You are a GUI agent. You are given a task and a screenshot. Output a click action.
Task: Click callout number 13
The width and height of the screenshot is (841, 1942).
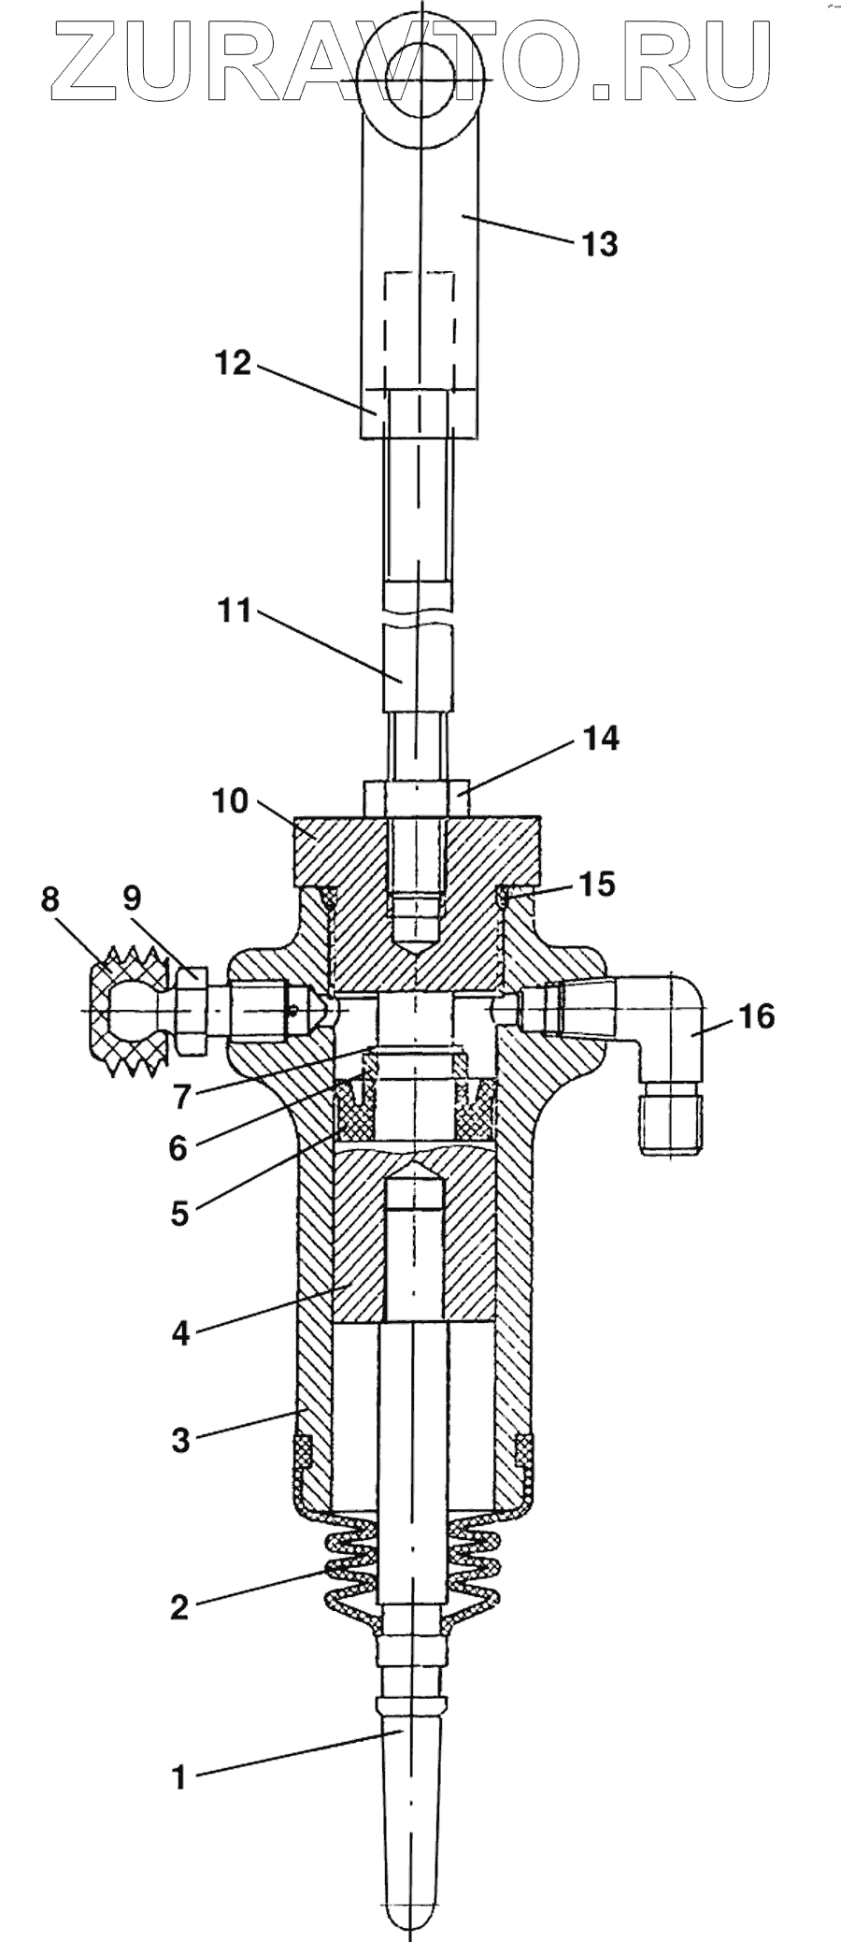[x=599, y=245]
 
